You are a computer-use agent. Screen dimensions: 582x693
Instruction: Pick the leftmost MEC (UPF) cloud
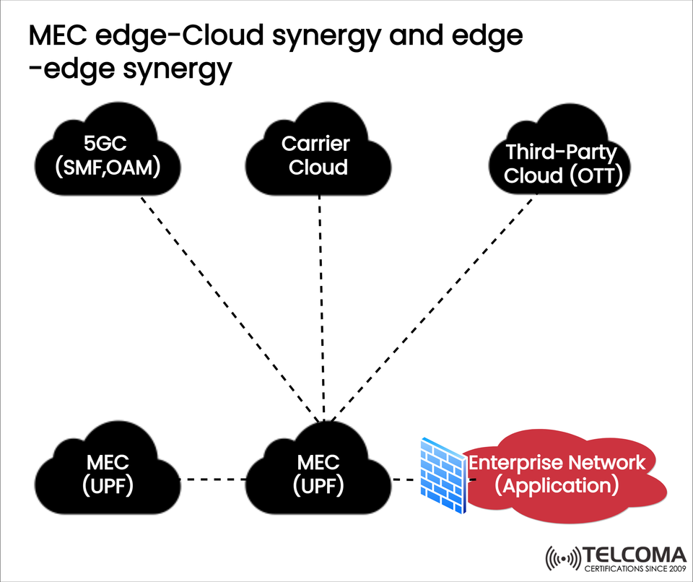pyautogui.click(x=107, y=473)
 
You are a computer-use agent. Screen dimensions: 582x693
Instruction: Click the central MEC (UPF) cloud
pyautogui.click(x=318, y=473)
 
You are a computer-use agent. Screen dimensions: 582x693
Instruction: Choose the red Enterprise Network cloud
pyautogui.click(x=557, y=474)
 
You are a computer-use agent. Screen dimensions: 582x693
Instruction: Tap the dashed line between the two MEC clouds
pyautogui.click(x=213, y=479)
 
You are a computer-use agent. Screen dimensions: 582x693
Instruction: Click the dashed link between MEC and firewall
pyautogui.click(x=406, y=479)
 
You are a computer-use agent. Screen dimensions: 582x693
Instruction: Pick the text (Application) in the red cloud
pyautogui.click(x=557, y=485)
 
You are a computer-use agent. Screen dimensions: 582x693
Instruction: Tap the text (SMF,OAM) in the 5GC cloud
pyautogui.click(x=108, y=168)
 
